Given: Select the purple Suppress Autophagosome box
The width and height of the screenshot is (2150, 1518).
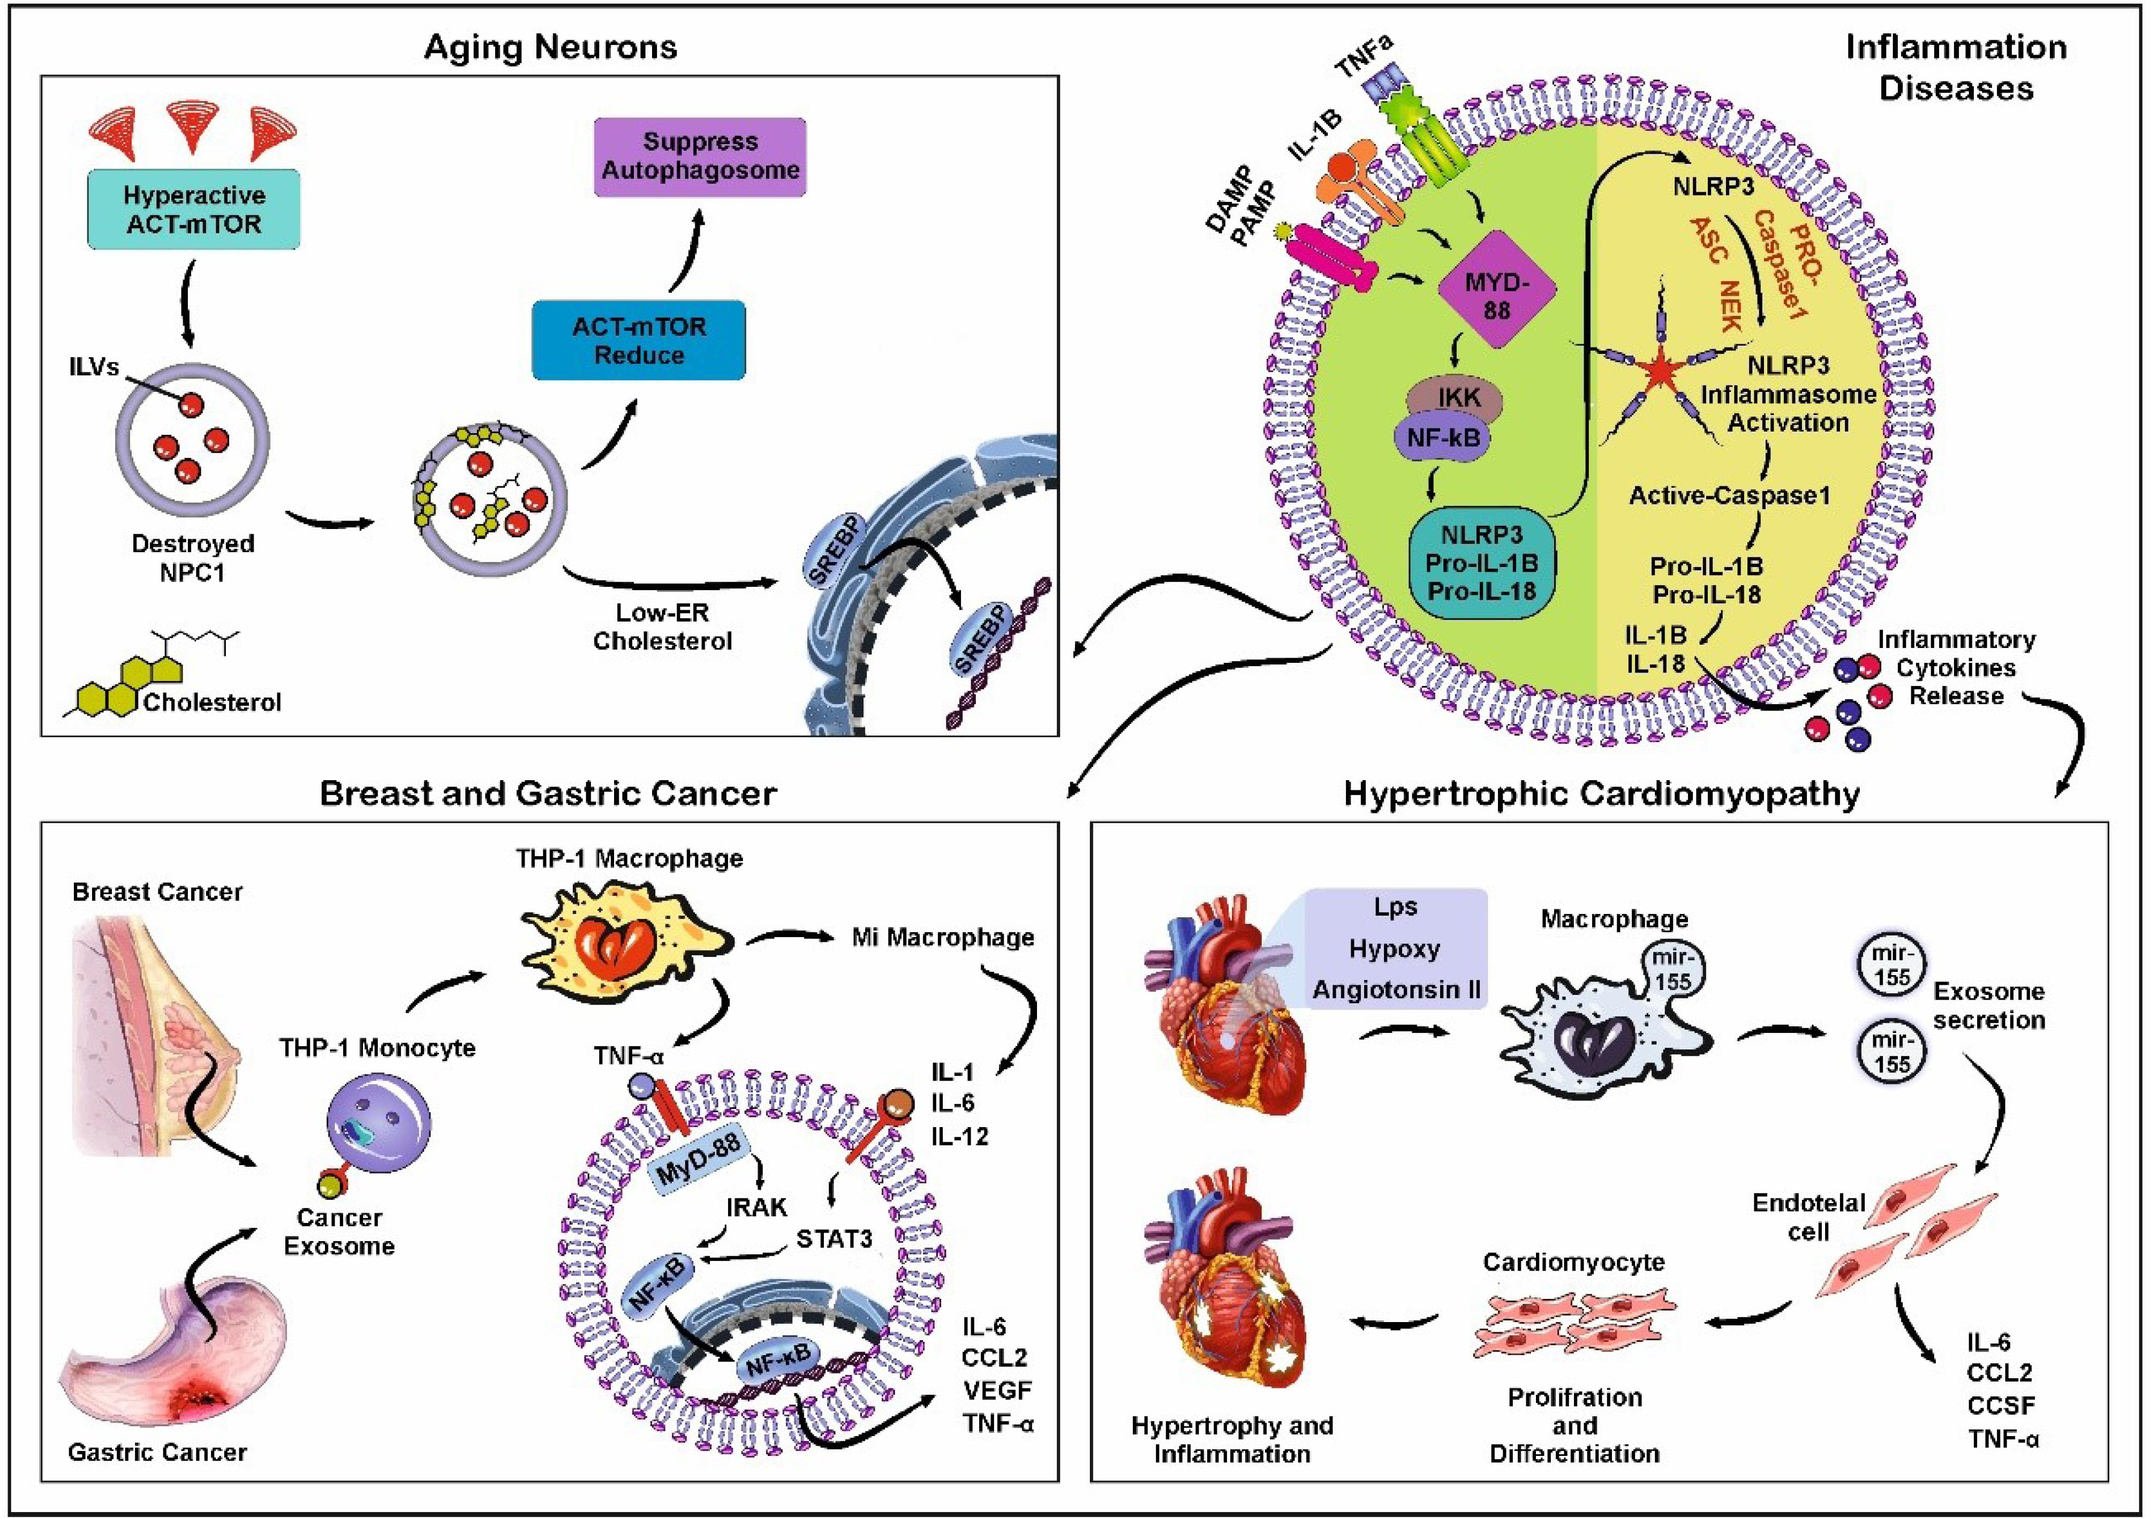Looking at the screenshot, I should [700, 156].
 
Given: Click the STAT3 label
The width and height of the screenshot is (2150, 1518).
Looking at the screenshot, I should [834, 1239].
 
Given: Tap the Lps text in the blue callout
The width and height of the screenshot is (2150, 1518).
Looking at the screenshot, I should [1395, 907].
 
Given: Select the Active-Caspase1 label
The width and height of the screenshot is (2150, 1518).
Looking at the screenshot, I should [1729, 495].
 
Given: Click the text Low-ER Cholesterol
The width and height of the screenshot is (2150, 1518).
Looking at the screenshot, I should [662, 626].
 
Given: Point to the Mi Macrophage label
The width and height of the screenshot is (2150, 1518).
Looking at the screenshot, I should [942, 938].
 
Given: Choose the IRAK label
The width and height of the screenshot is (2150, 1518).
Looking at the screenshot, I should [756, 1207].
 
